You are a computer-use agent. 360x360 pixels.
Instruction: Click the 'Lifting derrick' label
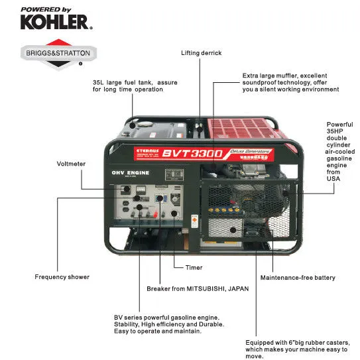(x=201, y=52)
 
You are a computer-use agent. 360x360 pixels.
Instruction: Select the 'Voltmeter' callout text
(x=72, y=163)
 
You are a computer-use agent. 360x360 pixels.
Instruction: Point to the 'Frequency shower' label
(x=62, y=276)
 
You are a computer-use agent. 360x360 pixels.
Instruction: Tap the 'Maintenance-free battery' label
(x=297, y=277)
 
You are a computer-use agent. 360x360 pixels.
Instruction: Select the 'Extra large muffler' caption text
(x=290, y=82)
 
